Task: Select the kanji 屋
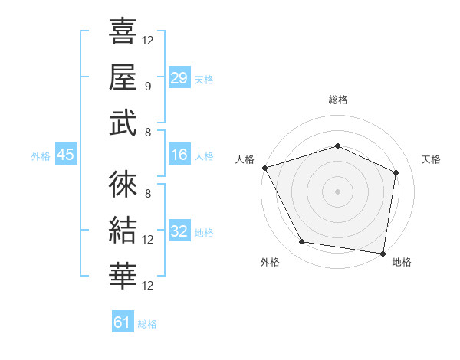(x=123, y=77)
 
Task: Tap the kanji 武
(x=123, y=122)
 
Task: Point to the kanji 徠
(x=123, y=185)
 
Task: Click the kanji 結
(x=123, y=231)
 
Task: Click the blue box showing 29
(x=179, y=77)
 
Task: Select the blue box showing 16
(x=179, y=155)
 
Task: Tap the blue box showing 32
(x=179, y=231)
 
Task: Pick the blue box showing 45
(x=65, y=155)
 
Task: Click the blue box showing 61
(x=123, y=322)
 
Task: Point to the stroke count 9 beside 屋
(x=148, y=86)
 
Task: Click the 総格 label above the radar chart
(x=338, y=100)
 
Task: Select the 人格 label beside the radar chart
(x=245, y=159)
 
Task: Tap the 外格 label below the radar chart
(x=270, y=262)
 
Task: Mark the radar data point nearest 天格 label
(x=396, y=172)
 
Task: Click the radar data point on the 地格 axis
(x=383, y=253)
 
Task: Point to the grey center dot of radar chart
(x=337, y=191)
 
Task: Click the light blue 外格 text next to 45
(x=41, y=156)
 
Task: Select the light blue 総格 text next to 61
(x=147, y=323)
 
